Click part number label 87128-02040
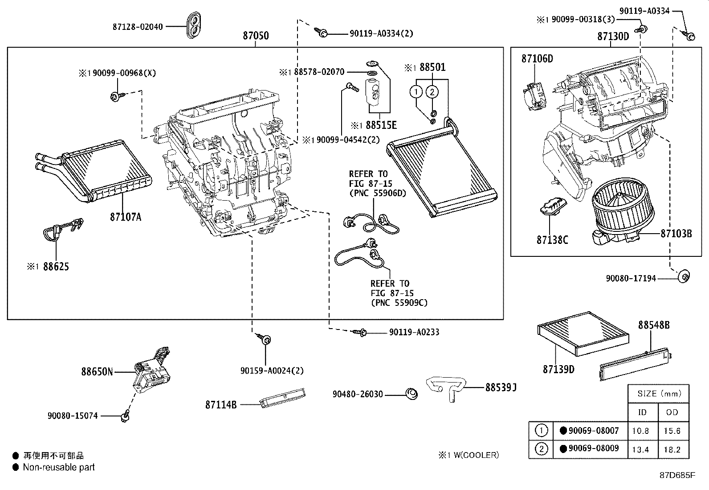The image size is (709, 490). click(x=137, y=26)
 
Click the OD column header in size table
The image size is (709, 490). click(x=672, y=412)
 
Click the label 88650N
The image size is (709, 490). click(x=97, y=371)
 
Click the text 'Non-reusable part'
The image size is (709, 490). click(x=59, y=467)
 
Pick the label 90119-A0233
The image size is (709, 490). click(x=414, y=332)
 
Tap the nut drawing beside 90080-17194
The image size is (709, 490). click(x=684, y=277)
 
